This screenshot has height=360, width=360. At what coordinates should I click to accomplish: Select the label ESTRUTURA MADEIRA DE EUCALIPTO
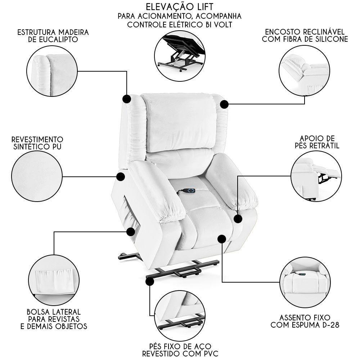click(x=53, y=36)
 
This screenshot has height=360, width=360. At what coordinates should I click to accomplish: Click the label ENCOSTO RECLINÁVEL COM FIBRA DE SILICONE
click(x=305, y=35)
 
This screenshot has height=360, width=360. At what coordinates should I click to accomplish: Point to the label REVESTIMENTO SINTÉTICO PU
click(x=37, y=143)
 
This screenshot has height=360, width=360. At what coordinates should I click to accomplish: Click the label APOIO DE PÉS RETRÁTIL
click(x=317, y=142)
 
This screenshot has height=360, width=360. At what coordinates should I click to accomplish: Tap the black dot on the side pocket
click(x=130, y=231)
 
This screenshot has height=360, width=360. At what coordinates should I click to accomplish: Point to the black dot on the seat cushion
click(x=222, y=239)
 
